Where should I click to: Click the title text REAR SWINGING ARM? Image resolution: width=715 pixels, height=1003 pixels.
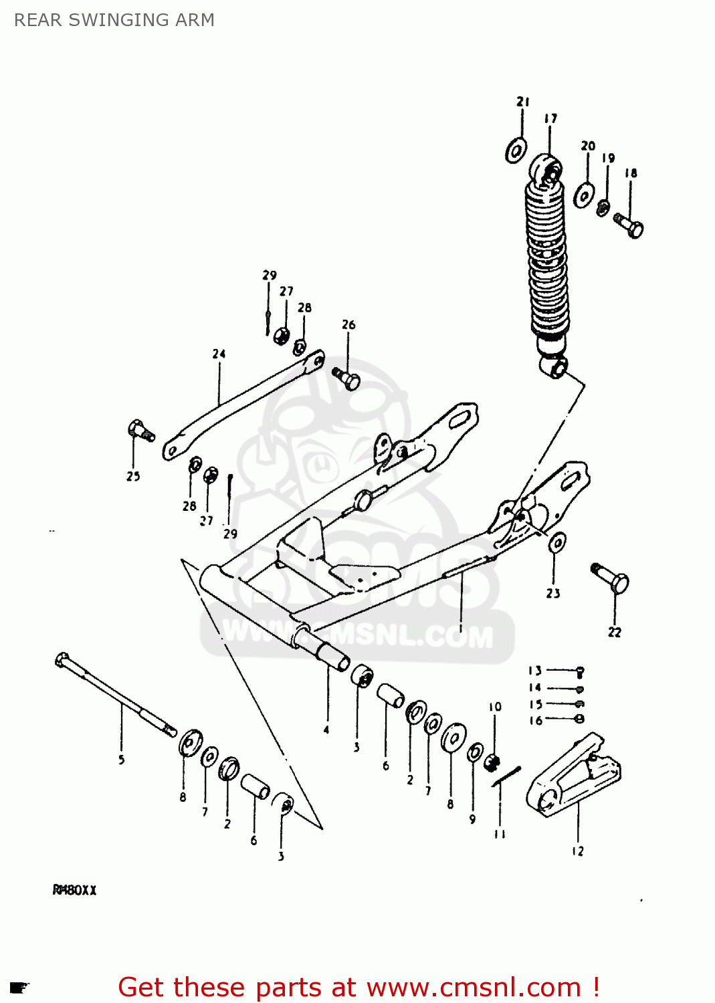point(114,20)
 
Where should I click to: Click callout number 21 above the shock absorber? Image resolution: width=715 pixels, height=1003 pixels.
point(523,102)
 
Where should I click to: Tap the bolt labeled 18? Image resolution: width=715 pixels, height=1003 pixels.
point(629,225)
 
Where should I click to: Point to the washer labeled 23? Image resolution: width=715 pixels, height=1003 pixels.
point(556,542)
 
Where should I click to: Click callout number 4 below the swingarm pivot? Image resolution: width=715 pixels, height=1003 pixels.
point(326,730)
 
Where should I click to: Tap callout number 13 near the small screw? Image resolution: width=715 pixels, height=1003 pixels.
point(535,671)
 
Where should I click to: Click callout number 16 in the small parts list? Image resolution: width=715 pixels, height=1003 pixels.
point(535,720)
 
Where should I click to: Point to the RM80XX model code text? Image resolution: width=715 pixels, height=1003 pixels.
point(75,890)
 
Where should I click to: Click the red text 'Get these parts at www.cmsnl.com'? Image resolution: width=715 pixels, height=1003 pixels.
point(359,987)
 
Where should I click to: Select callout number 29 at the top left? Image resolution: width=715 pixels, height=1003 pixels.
point(269,275)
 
